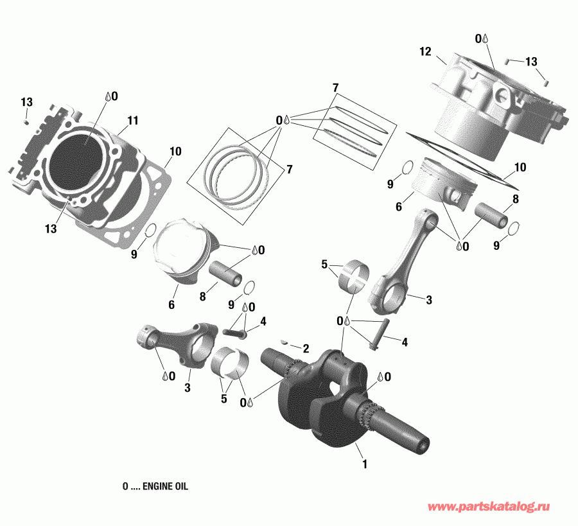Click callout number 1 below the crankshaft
[x=365, y=464]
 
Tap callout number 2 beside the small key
[x=306, y=348]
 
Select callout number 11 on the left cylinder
[x=133, y=120]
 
